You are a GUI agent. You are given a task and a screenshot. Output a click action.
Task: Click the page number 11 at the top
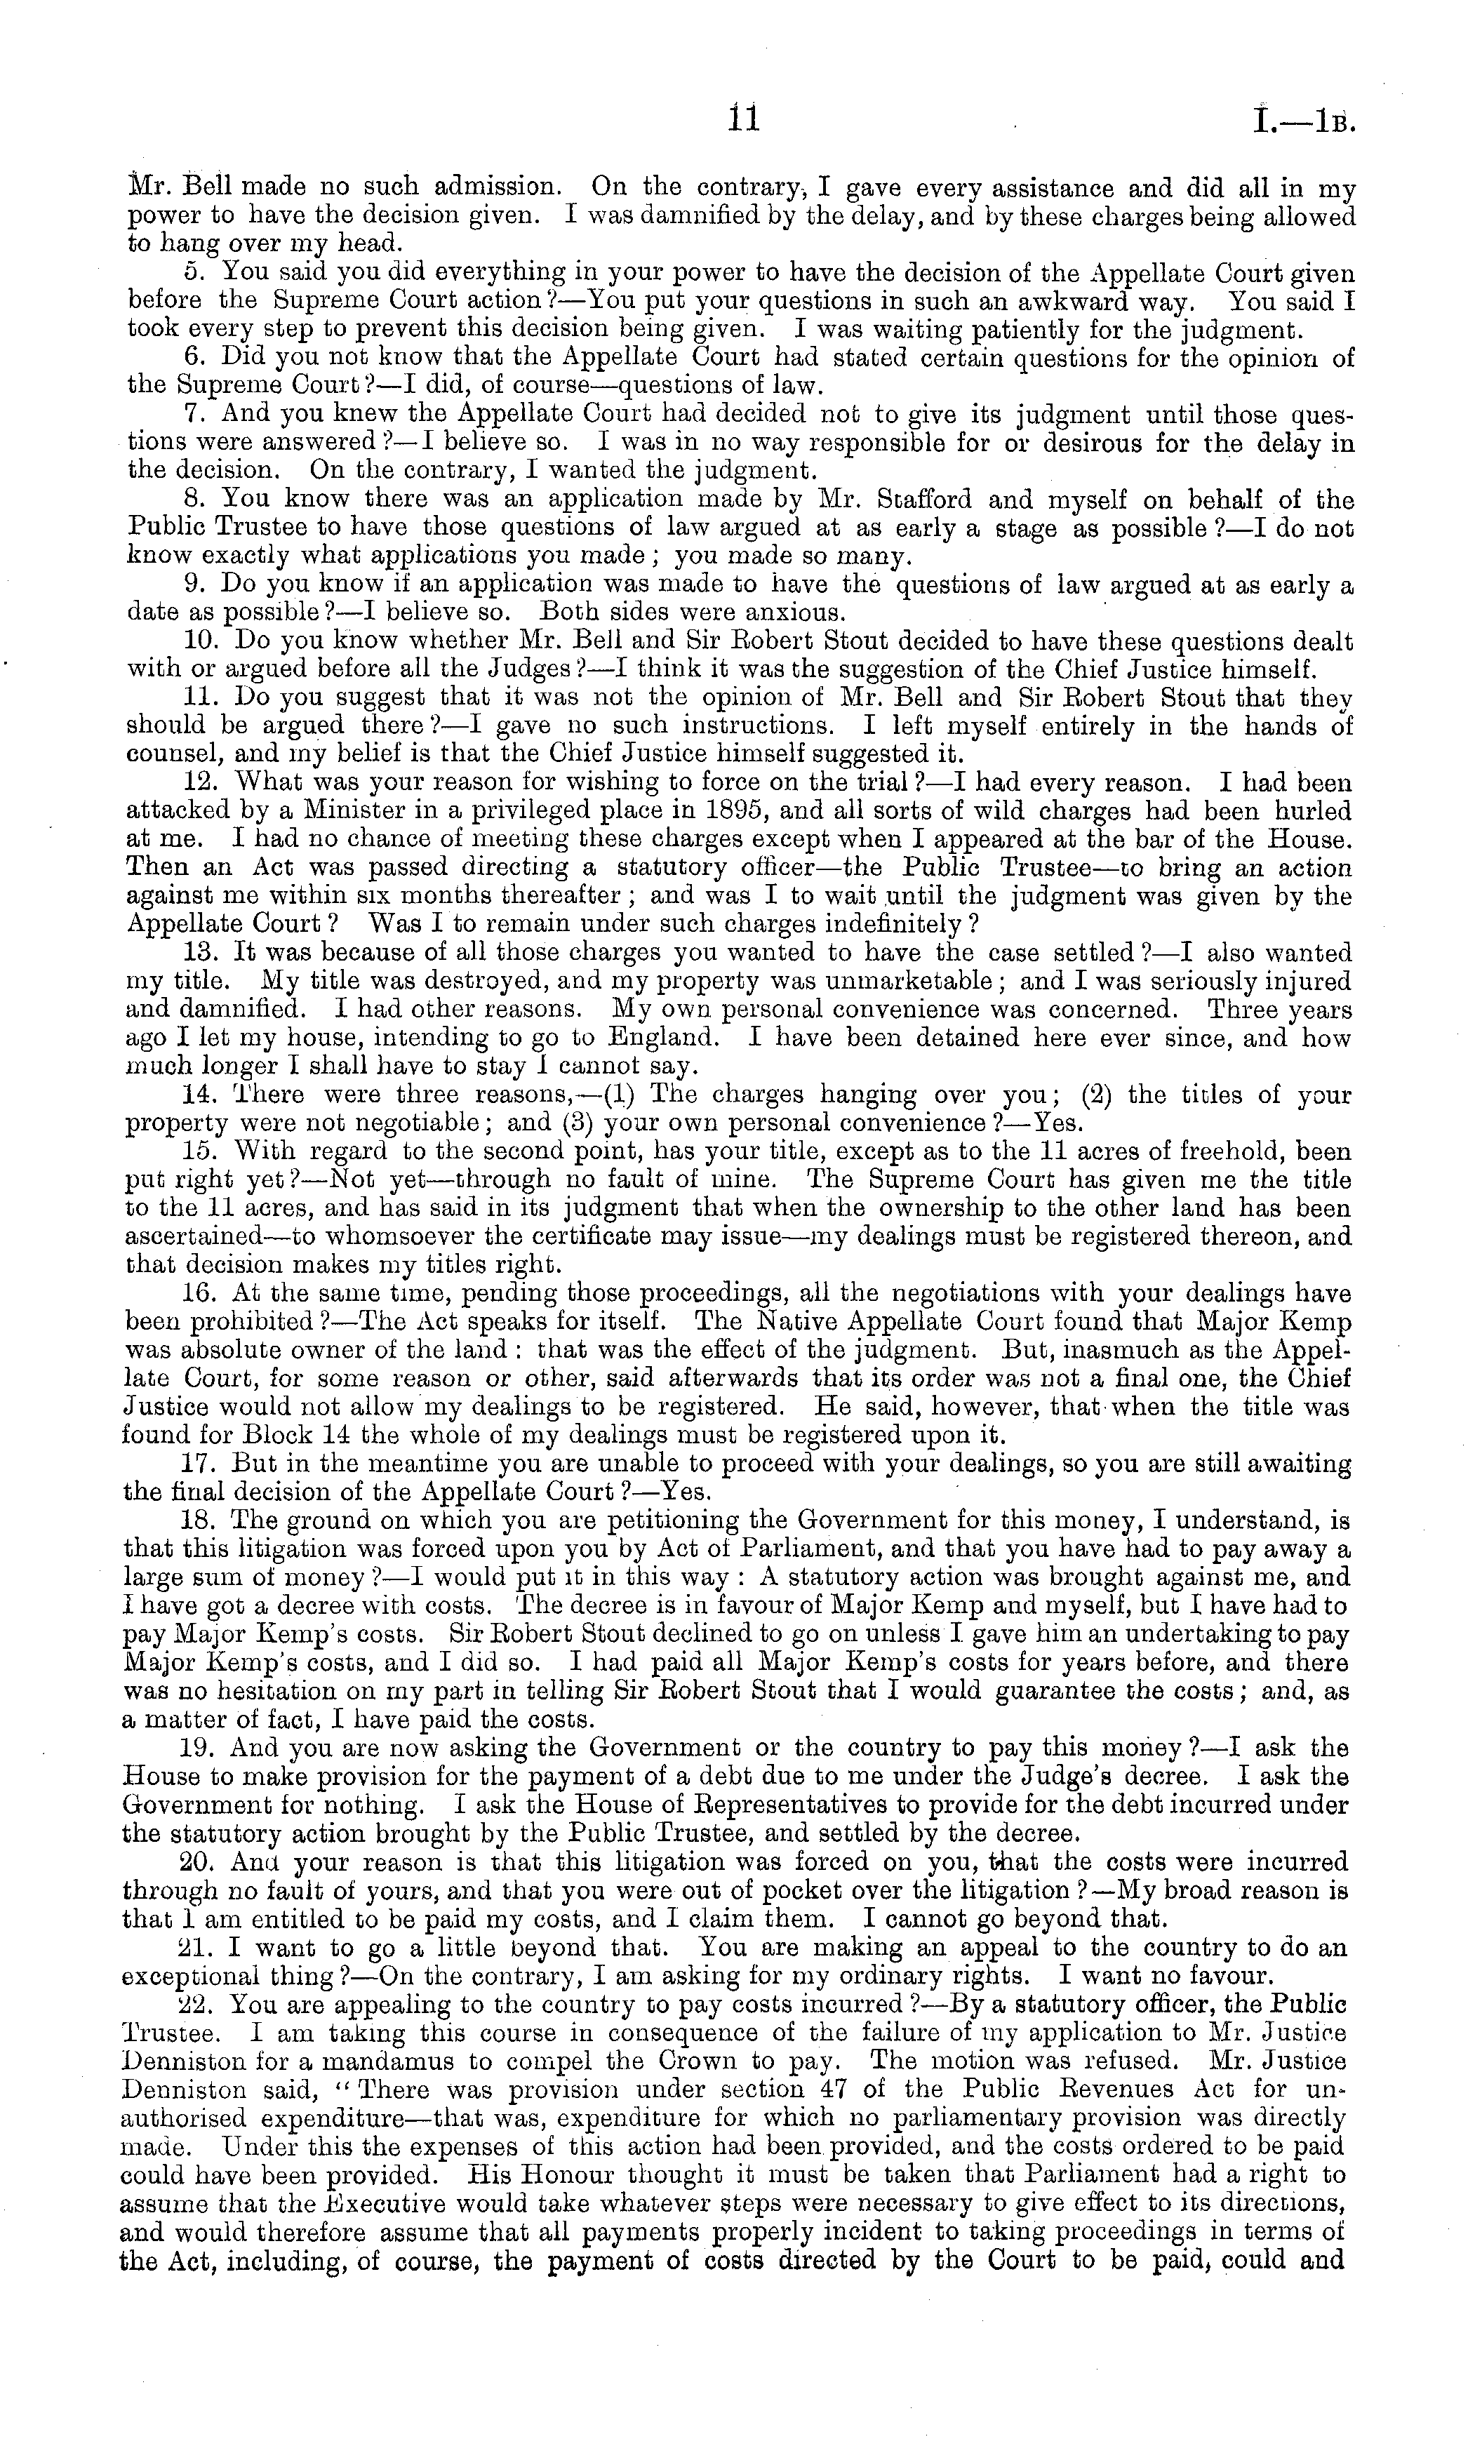pos(743,119)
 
